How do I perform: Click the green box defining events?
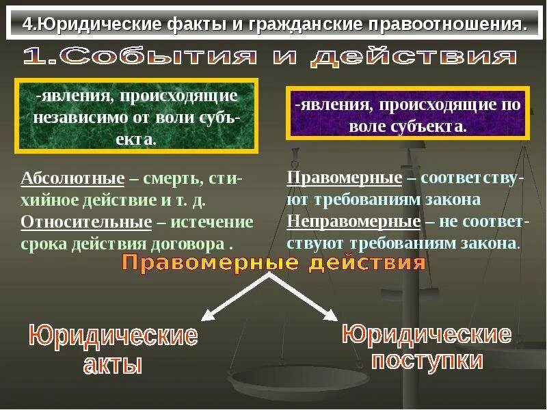click(x=136, y=115)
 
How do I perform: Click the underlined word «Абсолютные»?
click(x=72, y=179)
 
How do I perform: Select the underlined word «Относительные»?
click(x=86, y=223)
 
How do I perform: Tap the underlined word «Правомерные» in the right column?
click(x=344, y=178)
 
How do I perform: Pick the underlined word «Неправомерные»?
click(x=353, y=221)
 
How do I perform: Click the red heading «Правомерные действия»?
click(x=273, y=263)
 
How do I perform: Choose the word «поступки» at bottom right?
click(x=427, y=360)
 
